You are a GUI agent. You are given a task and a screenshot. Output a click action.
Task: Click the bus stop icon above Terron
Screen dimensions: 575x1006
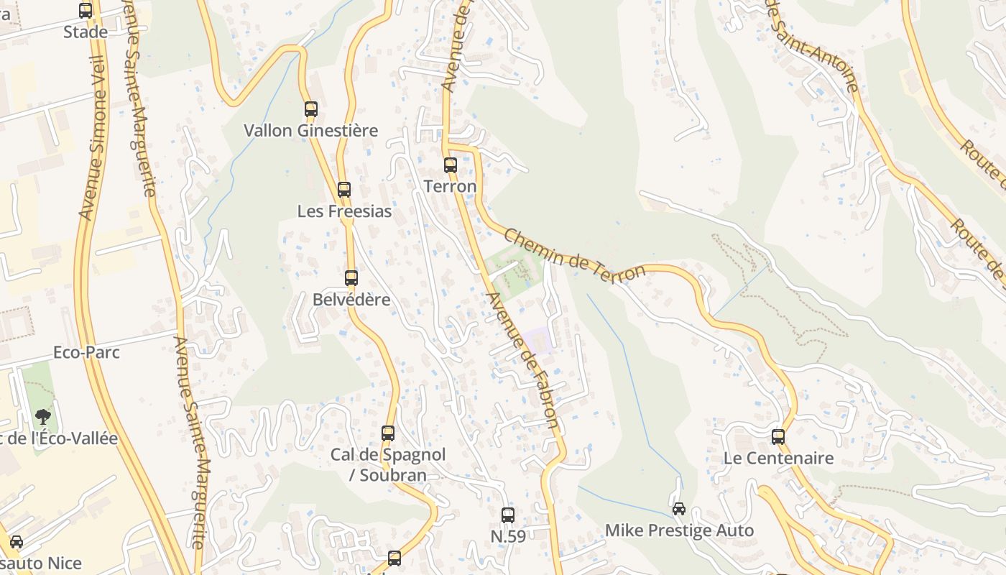[451, 165]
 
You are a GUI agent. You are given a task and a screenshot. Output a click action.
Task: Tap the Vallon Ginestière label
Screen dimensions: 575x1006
[310, 131]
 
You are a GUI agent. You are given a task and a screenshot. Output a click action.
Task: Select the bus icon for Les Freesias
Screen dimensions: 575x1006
[344, 190]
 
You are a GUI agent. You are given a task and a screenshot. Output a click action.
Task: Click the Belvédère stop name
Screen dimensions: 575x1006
[351, 300]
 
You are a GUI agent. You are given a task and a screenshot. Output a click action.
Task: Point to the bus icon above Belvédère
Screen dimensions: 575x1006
[351, 278]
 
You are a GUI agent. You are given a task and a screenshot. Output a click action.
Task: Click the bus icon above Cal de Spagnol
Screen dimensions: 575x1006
[388, 433]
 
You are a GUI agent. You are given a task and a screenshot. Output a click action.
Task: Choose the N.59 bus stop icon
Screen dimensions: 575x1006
[508, 515]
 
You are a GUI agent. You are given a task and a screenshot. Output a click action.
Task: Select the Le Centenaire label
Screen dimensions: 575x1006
[778, 459]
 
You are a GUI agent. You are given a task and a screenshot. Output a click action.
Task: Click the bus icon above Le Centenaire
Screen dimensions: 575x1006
[778, 437]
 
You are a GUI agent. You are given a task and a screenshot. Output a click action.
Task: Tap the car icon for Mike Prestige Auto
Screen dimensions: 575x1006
[679, 509]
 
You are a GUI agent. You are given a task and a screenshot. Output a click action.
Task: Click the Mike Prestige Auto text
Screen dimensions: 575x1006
[679, 531]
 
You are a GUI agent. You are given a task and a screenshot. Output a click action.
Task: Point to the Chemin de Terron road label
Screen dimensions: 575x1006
[574, 256]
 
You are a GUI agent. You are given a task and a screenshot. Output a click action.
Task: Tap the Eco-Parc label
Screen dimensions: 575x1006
[86, 353]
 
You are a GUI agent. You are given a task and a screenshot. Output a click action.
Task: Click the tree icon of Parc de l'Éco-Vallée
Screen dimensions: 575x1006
[43, 416]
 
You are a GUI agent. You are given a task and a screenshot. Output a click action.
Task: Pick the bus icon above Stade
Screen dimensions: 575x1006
[86, 11]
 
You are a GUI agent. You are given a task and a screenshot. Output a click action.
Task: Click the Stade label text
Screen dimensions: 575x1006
[86, 32]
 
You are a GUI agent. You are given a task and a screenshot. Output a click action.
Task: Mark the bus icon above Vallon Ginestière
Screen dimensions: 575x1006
[311, 109]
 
